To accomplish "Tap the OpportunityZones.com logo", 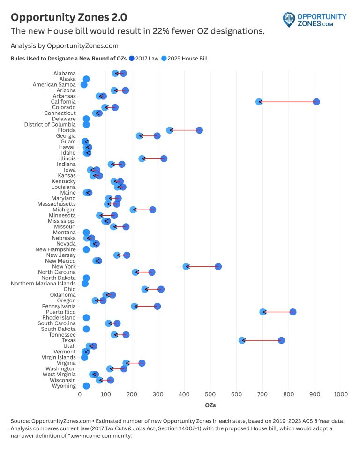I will click(315, 20).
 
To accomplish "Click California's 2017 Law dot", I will click(316, 102).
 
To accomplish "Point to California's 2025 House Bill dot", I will click(259, 102).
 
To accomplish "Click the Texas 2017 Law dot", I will click(281, 340).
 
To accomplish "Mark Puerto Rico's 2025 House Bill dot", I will click(263, 312).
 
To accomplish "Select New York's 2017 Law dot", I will click(218, 266).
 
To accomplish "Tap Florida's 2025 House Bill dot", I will click(170, 130).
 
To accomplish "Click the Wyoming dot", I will click(86, 386).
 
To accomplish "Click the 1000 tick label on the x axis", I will click(341, 394).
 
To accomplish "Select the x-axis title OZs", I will click(210, 405).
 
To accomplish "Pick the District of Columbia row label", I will click(50, 124).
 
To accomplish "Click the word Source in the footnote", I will click(20, 421).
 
